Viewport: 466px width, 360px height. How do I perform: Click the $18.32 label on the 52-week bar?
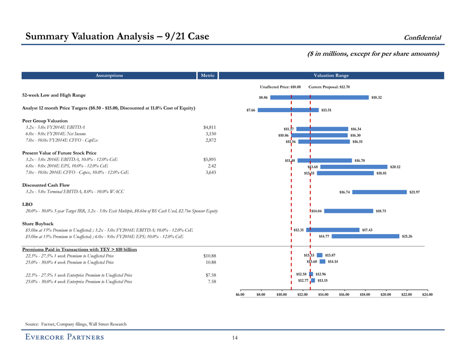pyautogui.click(x=377, y=97)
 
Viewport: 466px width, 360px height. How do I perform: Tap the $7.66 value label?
pyautogui.click(x=251, y=110)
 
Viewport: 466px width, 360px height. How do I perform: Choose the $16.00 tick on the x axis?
pyautogui.click(x=344, y=294)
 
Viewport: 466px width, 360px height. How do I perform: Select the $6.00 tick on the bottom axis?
pyautogui.click(x=240, y=294)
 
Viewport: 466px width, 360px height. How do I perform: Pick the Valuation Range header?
pyautogui.click(x=331, y=76)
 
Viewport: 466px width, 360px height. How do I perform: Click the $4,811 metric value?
pyautogui.click(x=210, y=127)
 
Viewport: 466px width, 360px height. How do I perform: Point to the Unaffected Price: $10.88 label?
pyautogui.click(x=281, y=87)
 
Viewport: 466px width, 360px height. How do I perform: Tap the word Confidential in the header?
pyautogui.click(x=423, y=37)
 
